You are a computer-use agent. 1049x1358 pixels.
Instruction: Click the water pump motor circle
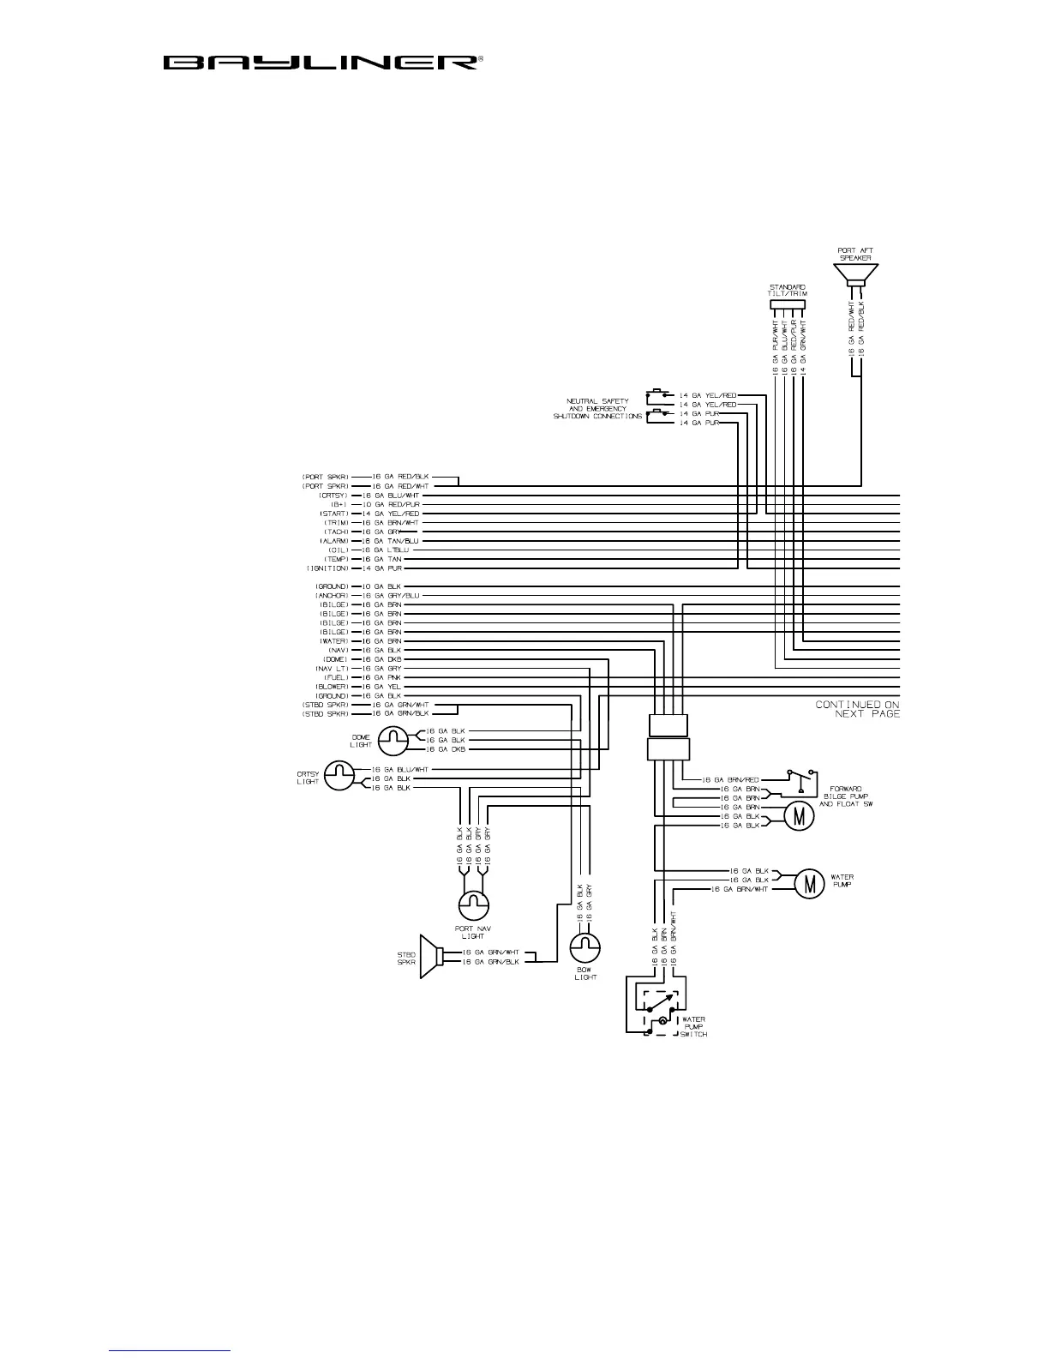click(x=808, y=883)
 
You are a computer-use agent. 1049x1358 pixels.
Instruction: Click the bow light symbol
click(x=585, y=948)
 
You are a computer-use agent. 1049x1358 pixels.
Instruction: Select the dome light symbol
click(x=394, y=739)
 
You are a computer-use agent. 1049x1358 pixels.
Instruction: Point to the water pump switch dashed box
click(x=656, y=1011)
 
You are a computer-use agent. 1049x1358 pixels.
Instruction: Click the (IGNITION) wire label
click(x=328, y=568)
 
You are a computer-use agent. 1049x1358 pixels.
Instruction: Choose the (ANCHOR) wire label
click(x=331, y=595)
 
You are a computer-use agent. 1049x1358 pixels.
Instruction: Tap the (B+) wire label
click(x=337, y=504)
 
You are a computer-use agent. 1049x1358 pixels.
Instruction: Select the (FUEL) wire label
click(x=335, y=677)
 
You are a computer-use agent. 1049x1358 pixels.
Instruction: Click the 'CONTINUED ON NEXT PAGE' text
click(x=857, y=709)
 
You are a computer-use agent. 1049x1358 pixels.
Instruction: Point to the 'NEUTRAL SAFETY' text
click(x=597, y=400)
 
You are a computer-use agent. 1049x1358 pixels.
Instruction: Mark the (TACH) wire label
click(x=335, y=532)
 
